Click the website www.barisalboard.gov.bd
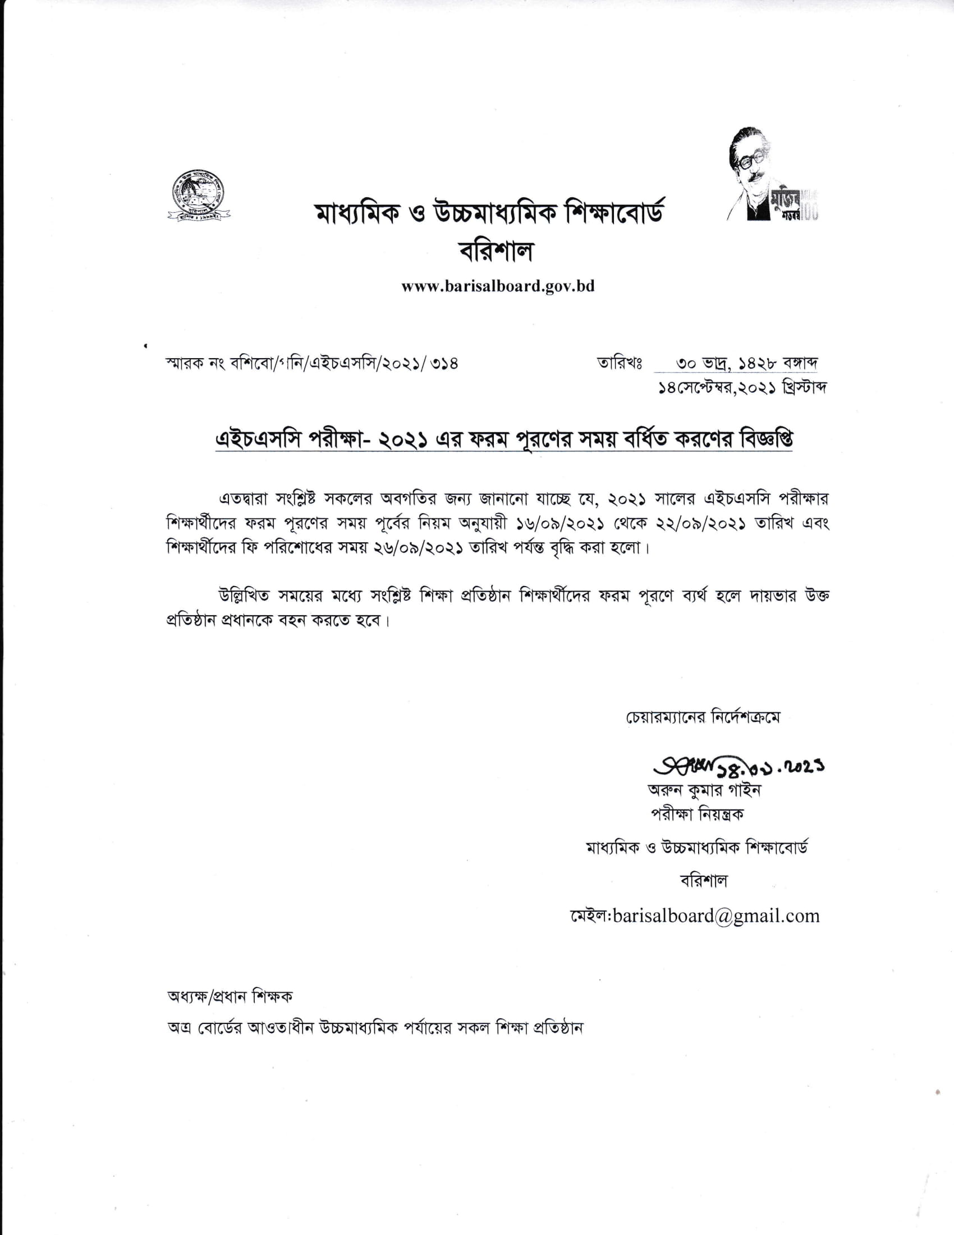[x=498, y=286]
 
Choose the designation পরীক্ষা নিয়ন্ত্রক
[x=698, y=815]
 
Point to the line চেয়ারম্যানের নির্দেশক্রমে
[x=703, y=717]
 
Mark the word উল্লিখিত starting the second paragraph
[x=247, y=596]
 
